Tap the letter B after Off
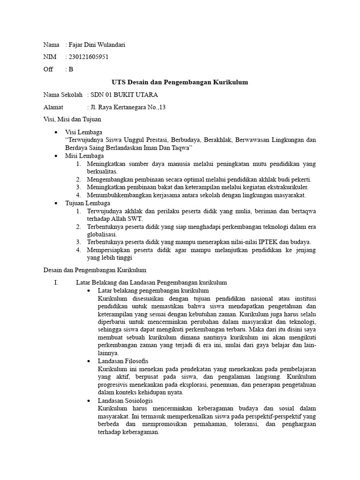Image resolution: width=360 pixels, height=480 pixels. coord(71,69)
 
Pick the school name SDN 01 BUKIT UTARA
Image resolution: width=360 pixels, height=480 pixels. coord(121,95)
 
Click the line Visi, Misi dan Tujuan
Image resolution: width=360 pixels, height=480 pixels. coord(72,120)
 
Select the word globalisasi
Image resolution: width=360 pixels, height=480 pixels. coord(103,234)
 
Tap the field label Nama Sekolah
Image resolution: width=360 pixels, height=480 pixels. coord(63,95)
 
